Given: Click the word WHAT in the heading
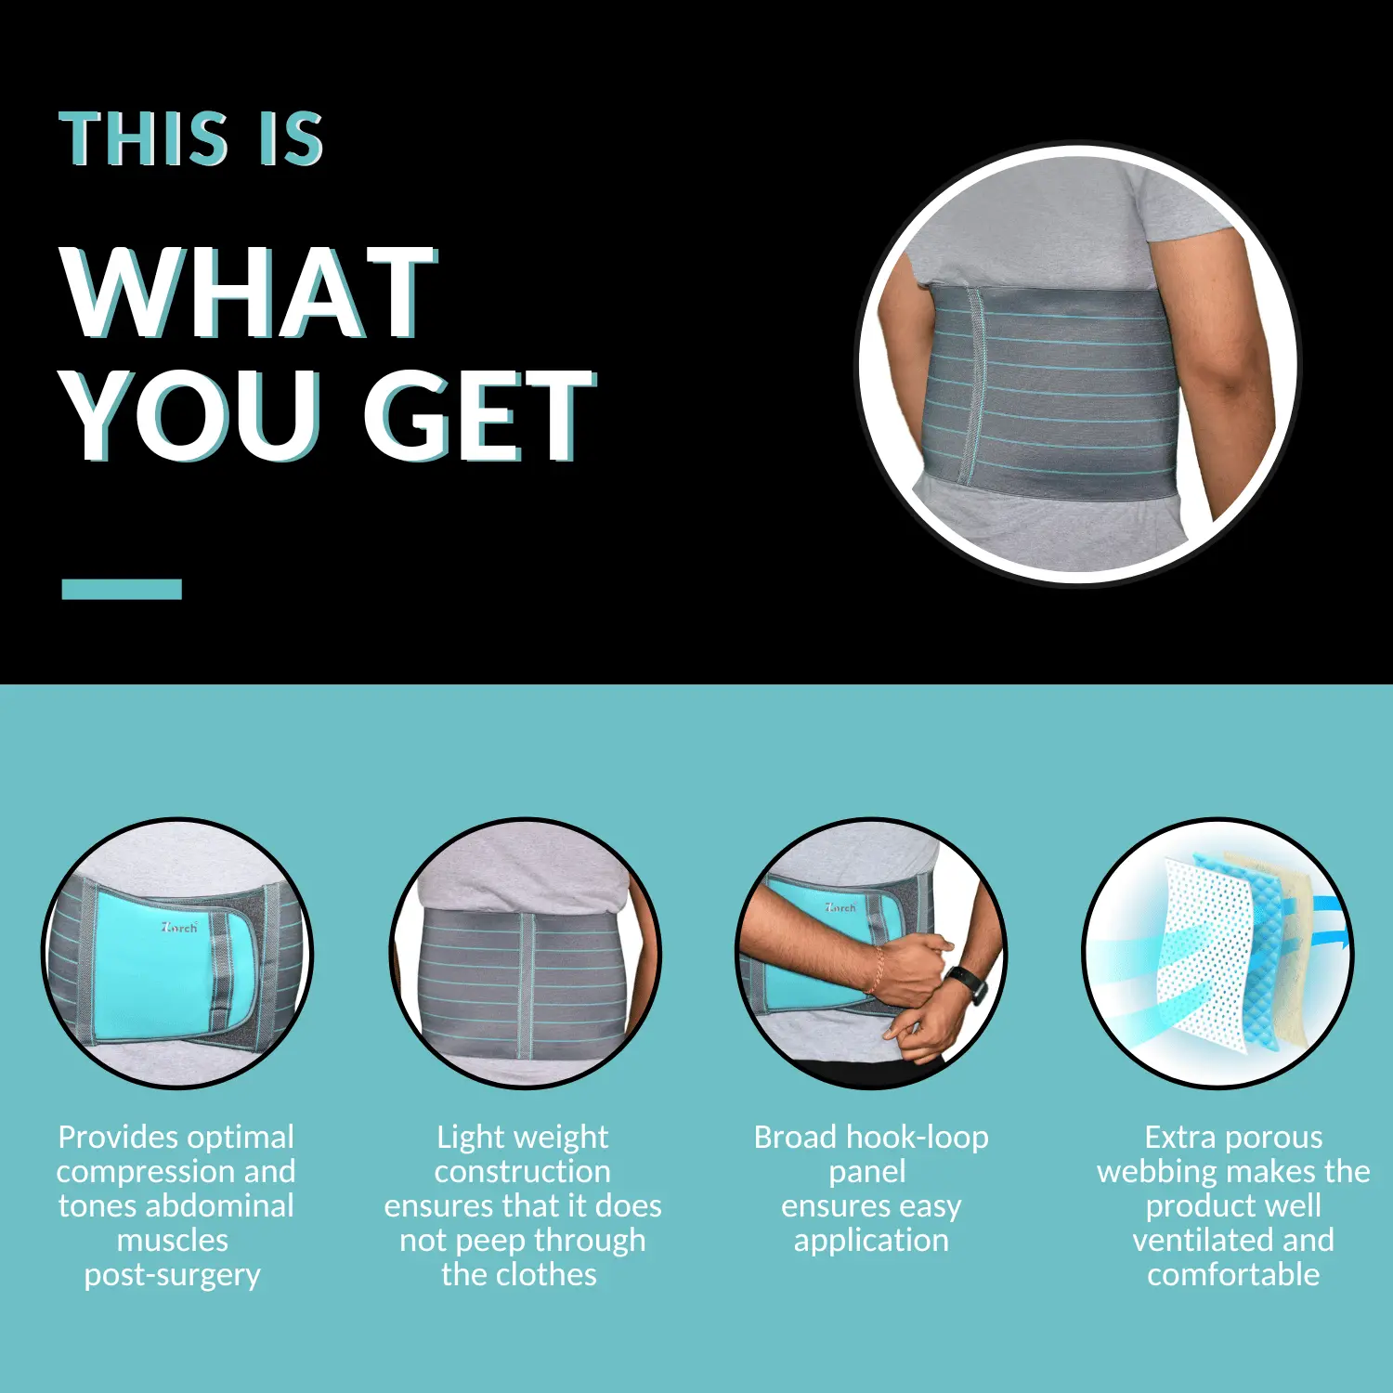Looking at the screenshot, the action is pyautogui.click(x=249, y=293).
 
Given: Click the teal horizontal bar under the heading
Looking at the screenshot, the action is pyautogui.click(x=122, y=589).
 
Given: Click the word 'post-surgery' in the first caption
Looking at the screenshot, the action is pyautogui.click(x=173, y=1275).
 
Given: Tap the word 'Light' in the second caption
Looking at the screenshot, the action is pyautogui.click(x=469, y=1138).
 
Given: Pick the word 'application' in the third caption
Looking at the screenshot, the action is pyautogui.click(x=871, y=1241).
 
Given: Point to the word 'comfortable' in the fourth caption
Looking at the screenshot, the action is pyautogui.click(x=1233, y=1274).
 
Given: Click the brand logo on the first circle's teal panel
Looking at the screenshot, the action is pyautogui.click(x=179, y=927).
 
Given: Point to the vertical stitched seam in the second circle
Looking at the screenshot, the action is pyautogui.click(x=526, y=986).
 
